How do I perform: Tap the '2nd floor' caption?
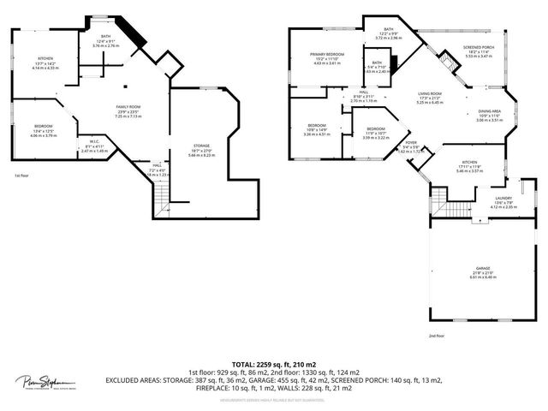(436, 336)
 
